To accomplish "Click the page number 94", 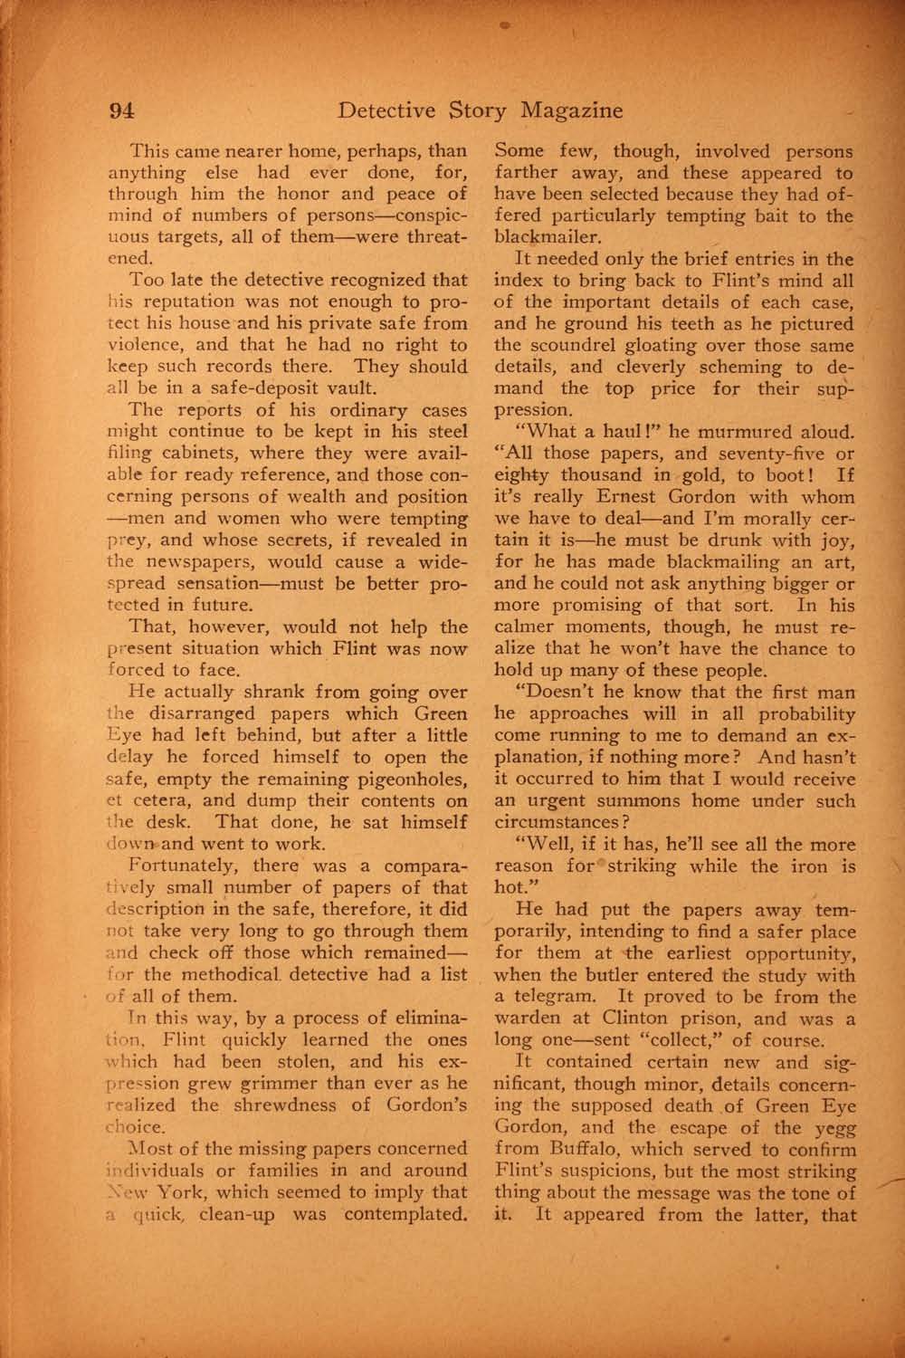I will pyautogui.click(x=121, y=110).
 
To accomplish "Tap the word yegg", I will pyautogui.click(x=833, y=1127).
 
